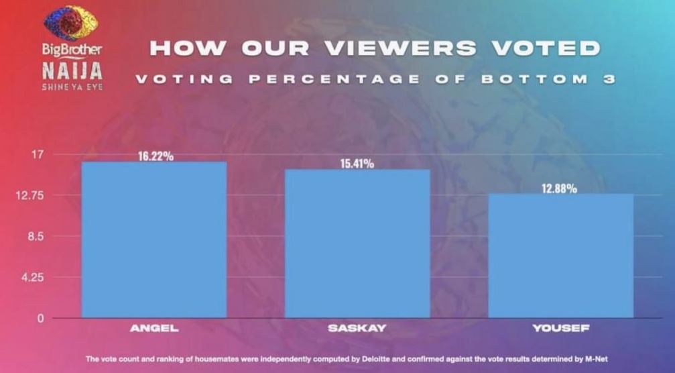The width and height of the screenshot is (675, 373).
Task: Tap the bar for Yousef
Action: click(560, 256)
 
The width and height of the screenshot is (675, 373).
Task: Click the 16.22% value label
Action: click(156, 156)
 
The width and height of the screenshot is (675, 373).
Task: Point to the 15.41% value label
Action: click(357, 164)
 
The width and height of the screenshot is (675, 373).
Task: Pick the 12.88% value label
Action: click(559, 189)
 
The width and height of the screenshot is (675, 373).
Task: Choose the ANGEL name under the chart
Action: click(154, 329)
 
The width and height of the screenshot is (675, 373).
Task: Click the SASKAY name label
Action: click(357, 329)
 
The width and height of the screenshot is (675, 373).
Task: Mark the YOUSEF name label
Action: click(560, 329)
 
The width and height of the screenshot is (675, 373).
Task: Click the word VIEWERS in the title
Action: click(408, 48)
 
